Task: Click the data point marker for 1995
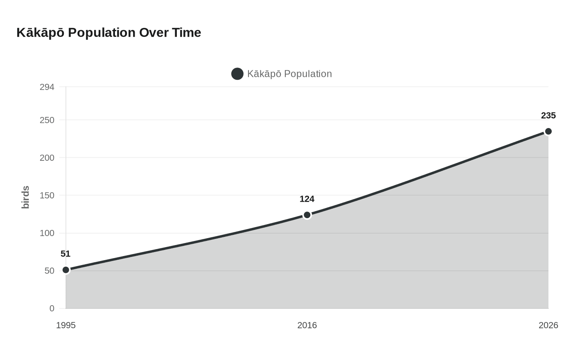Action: click(66, 270)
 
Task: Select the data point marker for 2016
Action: click(307, 215)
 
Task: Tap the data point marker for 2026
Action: click(548, 131)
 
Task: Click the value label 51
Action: click(65, 254)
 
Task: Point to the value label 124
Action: click(307, 199)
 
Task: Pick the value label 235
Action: click(548, 115)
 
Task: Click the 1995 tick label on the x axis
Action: click(66, 325)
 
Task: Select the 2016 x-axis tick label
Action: click(307, 325)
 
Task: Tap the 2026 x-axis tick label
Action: click(548, 325)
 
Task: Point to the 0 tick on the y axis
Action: click(52, 308)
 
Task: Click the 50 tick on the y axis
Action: click(50, 271)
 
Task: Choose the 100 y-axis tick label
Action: click(47, 233)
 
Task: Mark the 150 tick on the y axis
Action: click(47, 195)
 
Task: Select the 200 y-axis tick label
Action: click(47, 157)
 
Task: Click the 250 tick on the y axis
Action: click(47, 120)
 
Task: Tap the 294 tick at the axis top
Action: click(47, 87)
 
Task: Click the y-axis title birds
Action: click(25, 197)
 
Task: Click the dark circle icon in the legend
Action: click(237, 74)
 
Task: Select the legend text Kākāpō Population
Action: click(289, 74)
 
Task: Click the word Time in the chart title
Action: click(186, 32)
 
